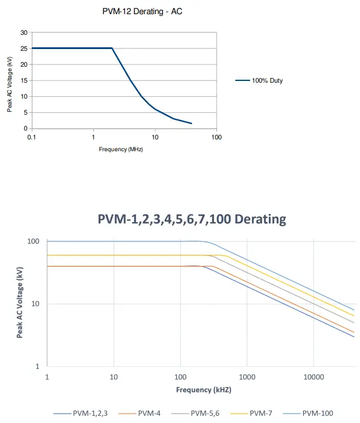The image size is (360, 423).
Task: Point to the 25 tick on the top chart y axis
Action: (x=24, y=48)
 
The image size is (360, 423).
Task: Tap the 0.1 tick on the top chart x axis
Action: (x=31, y=137)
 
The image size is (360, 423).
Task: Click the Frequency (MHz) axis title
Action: (x=121, y=149)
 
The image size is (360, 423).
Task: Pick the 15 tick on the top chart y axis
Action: (x=24, y=80)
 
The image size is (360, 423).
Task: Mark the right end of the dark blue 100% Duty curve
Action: (x=192, y=123)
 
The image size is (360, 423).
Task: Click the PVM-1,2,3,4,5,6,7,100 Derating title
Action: (x=192, y=219)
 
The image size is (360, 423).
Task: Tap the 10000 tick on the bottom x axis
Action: (x=313, y=377)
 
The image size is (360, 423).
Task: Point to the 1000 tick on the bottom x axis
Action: (x=247, y=377)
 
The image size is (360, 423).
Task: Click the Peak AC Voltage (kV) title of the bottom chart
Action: (x=20, y=304)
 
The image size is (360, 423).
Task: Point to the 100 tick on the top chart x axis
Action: (x=216, y=137)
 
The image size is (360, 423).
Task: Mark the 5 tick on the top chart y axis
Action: (x=25, y=112)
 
